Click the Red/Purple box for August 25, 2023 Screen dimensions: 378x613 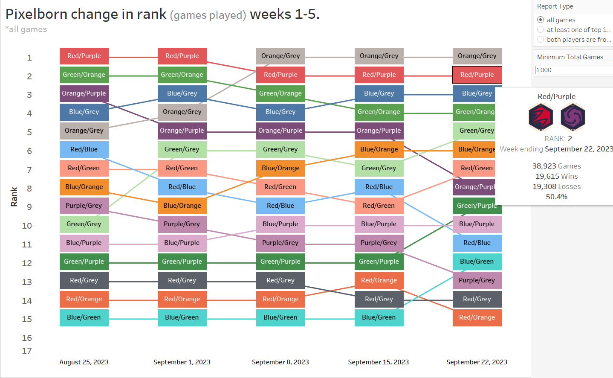click(x=84, y=56)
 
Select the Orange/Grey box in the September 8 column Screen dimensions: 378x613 click(x=280, y=56)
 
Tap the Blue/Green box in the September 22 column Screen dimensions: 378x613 click(x=477, y=262)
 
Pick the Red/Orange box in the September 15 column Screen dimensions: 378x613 click(x=379, y=280)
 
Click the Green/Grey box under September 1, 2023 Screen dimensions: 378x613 click(x=182, y=149)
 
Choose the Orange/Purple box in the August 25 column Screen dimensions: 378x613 click(x=84, y=93)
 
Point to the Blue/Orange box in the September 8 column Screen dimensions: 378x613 click(x=280, y=168)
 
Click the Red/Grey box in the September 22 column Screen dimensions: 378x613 click(x=477, y=299)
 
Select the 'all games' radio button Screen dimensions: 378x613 click(x=541, y=20)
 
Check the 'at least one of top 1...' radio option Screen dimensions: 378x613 click(x=541, y=29)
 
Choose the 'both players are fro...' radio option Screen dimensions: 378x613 click(x=541, y=39)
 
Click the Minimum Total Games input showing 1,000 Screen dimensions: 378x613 click(x=573, y=70)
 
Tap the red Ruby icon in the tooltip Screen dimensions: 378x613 click(x=541, y=117)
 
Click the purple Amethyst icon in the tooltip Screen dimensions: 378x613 click(x=573, y=117)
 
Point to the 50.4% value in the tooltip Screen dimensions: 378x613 click(x=556, y=197)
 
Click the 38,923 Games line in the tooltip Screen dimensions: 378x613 click(x=556, y=166)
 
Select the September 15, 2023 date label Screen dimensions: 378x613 click(x=378, y=362)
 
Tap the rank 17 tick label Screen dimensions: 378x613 click(x=27, y=351)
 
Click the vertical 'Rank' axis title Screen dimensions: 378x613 click(x=14, y=197)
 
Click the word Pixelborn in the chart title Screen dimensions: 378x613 click(x=37, y=14)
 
